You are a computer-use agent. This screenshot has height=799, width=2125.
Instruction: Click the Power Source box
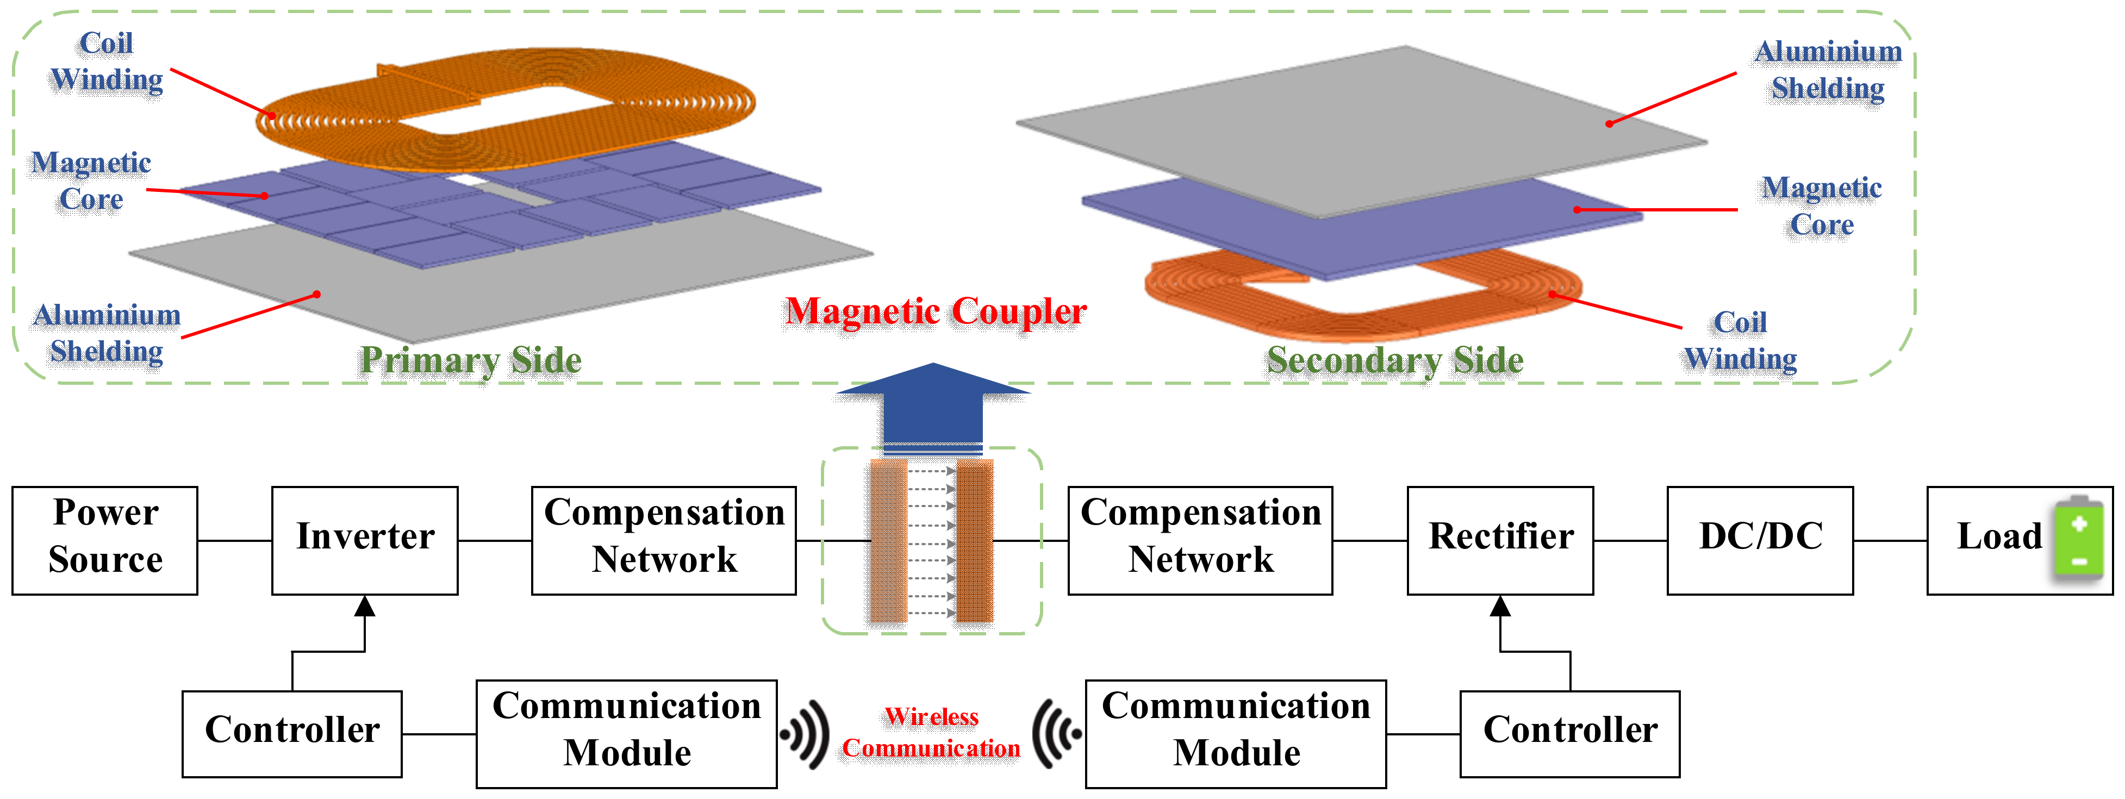pos(105,540)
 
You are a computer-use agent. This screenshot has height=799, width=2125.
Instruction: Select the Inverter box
pos(365,540)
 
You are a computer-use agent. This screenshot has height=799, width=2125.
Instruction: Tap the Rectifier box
pos(1500,540)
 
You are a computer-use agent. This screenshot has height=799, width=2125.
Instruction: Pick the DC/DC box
pos(1760,540)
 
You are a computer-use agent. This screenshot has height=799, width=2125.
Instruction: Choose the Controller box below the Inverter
pos(292,733)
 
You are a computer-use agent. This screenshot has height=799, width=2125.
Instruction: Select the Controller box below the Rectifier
pos(1570,733)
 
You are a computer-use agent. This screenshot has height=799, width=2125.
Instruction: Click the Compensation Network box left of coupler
pos(664,540)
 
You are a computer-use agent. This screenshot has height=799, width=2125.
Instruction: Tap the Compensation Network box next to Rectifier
pos(1200,540)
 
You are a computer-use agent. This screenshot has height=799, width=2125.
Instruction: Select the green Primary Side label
pos(471,360)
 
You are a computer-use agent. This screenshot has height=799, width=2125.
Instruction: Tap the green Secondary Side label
pos(1395,360)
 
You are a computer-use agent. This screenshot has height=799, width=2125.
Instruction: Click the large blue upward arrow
pos(933,408)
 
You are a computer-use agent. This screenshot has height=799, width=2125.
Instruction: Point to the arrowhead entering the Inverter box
pos(365,607)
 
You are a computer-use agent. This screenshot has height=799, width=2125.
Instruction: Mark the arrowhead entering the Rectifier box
pos(1500,607)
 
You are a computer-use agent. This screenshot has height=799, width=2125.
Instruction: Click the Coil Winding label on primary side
pos(107,62)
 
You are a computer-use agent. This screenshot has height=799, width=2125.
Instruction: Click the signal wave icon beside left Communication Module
pos(806,733)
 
